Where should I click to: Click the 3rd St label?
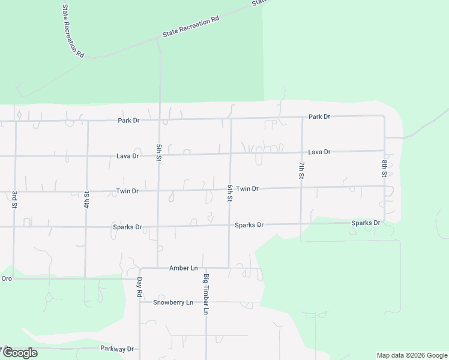[14, 200]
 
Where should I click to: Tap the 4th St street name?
[86, 199]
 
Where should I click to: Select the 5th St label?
[158, 152]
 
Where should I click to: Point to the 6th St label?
[229, 193]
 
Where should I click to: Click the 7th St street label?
[301, 170]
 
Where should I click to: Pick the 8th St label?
[384, 168]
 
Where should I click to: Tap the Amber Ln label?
[184, 268]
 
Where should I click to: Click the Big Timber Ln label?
[206, 295]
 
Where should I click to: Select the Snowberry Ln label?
[173, 302]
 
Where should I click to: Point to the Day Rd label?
[139, 287]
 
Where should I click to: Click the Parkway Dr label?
[118, 349]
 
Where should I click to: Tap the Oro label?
[7, 278]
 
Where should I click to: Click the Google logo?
[19, 353]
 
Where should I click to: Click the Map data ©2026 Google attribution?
[413, 355]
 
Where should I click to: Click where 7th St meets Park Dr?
[302, 118]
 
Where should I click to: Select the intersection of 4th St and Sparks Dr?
[86, 227]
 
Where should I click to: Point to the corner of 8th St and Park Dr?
[384, 115]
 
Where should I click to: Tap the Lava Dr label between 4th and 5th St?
[127, 156]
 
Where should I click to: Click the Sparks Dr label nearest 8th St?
[366, 223]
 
